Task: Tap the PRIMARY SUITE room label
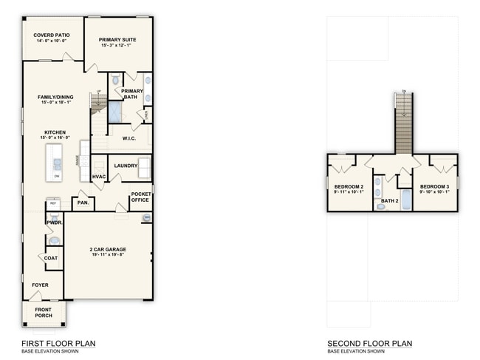tap(118, 40)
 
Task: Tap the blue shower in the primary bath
tap(116, 112)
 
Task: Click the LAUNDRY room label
tap(126, 166)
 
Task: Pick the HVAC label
tap(99, 177)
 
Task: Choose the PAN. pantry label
tap(83, 202)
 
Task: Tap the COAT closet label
tap(51, 258)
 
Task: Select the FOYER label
tap(39, 284)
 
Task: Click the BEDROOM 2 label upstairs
tap(348, 186)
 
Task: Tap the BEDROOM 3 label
tap(434, 186)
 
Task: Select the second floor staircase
tap(404, 126)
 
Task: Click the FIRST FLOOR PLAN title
tap(58, 343)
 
